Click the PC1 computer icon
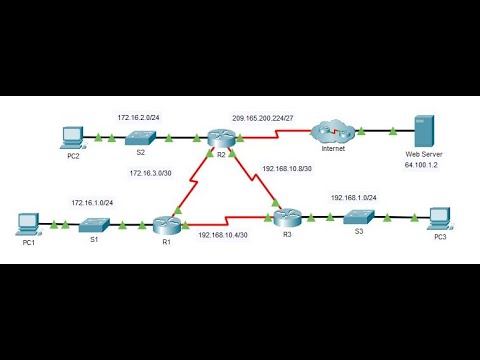pos(28,223)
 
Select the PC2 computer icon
pos(69,135)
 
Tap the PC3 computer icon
pos(437,218)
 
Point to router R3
pos(288,215)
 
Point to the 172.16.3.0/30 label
pos(153,173)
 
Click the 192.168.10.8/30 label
pos(290,169)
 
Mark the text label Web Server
pos(421,156)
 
